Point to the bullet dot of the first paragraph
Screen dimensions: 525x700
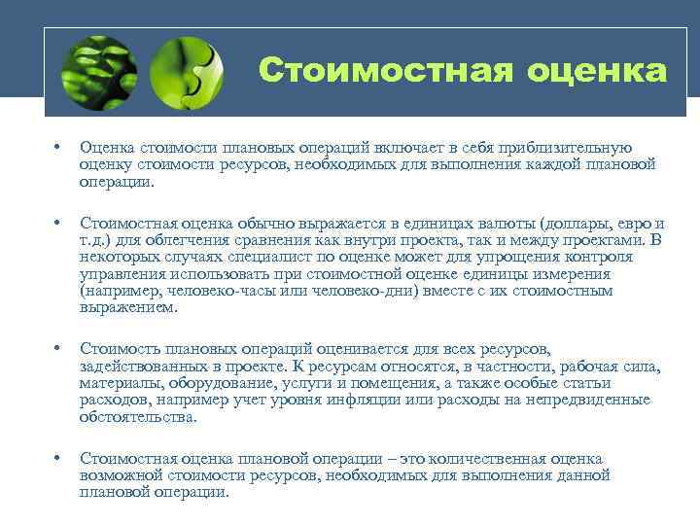click(58, 148)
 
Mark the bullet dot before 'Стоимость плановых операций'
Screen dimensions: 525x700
click(58, 348)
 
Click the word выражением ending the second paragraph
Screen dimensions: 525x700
click(128, 307)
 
